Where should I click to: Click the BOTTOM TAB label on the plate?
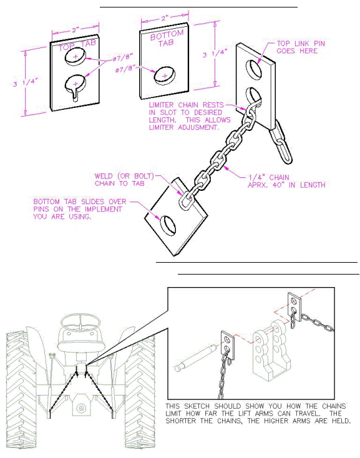(x=167, y=39)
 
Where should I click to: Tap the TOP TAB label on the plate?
(x=77, y=46)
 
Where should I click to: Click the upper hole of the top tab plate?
(x=75, y=56)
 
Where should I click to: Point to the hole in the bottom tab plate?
(x=164, y=76)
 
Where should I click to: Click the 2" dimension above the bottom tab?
(x=165, y=18)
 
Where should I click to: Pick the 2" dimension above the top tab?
(x=75, y=30)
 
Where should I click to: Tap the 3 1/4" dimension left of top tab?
(x=26, y=82)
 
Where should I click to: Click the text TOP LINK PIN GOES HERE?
(x=301, y=47)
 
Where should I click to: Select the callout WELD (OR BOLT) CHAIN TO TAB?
(x=124, y=180)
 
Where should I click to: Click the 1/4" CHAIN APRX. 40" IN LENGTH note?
(x=286, y=181)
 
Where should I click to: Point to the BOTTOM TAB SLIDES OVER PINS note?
(x=79, y=209)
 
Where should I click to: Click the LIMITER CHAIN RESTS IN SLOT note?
(x=190, y=116)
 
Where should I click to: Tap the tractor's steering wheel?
(x=80, y=323)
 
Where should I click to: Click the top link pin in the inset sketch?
(x=196, y=357)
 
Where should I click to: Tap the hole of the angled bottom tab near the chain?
(x=168, y=225)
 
